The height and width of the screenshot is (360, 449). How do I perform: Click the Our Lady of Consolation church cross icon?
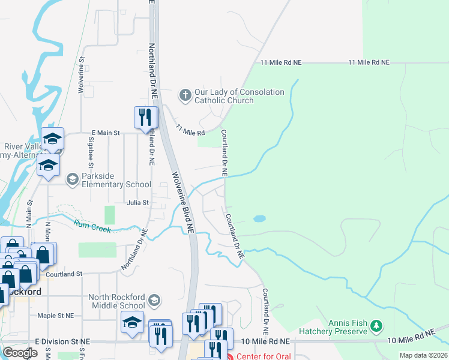pos(185,95)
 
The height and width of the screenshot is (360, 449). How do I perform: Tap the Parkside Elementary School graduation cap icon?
pos(72,179)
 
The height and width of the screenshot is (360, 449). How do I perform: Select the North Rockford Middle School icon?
pos(154,299)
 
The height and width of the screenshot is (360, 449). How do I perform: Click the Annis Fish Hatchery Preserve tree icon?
pos(376,326)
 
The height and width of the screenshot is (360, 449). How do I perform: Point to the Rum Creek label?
pos(93,226)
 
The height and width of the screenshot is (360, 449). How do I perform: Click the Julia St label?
pos(137,203)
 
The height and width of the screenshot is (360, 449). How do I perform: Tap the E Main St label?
pos(106,132)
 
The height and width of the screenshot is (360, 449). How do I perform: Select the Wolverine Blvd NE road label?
pos(184,203)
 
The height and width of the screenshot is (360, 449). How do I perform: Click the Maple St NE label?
pos(55,315)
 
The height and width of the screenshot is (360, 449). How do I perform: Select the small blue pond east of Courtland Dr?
pos(259,218)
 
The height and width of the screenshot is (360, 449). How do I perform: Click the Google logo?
pos(20,353)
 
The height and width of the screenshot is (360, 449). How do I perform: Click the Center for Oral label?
pos(264,356)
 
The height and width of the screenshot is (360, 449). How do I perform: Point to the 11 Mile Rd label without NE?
pos(190,130)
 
